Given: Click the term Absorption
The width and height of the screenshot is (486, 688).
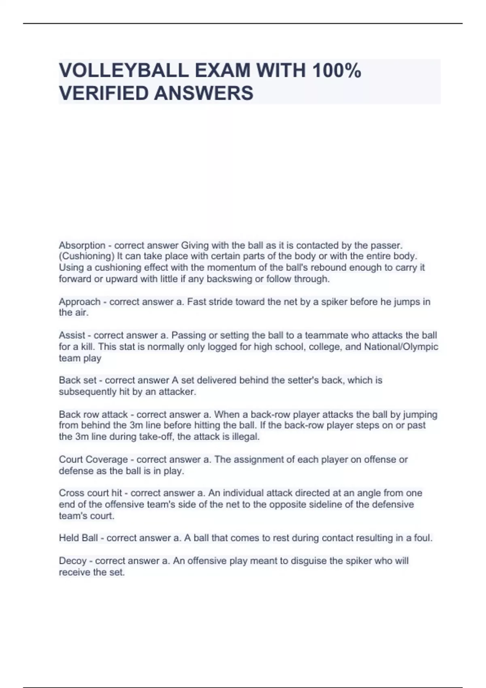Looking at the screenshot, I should pos(82,245).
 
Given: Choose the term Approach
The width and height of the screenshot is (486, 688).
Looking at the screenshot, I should pos(79,302).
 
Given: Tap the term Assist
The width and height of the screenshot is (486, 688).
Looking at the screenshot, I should pos(72,335).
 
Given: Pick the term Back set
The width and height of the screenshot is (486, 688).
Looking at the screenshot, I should pos(79,380).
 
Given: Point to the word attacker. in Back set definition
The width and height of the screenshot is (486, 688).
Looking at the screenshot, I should pos(177,392).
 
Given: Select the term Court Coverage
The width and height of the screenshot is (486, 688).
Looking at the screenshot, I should pos(93,459).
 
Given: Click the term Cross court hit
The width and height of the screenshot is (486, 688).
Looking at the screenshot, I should pos(90,493).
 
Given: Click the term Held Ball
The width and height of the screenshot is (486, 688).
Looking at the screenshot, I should pos(78,538).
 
